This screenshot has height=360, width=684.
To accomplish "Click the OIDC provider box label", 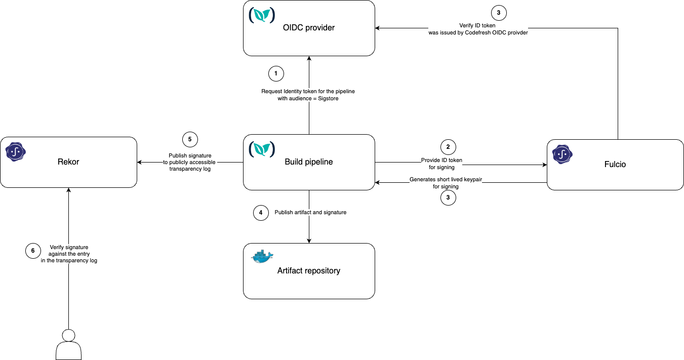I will pos(308,28).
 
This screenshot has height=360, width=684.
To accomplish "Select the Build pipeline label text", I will pos(308,162).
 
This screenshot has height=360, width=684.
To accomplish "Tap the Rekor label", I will pos(68,162).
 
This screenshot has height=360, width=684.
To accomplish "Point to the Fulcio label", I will pos(615,165).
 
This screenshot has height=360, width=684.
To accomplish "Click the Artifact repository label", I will pos(308,271).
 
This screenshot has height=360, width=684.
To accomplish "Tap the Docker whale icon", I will pos(262,257).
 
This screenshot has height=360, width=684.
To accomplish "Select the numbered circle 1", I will pos(275,73).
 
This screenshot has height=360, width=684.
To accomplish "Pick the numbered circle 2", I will pos(448,147).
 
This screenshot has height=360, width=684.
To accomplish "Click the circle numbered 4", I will pos(260,213).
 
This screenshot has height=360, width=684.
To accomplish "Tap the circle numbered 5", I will pos(189,139).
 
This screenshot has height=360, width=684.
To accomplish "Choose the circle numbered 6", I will pos(33,251).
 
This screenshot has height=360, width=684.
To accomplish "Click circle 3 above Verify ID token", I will pos(498,13).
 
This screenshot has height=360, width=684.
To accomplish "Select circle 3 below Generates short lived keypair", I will pos(448,198).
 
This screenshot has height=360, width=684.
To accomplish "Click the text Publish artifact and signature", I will pos(310,213).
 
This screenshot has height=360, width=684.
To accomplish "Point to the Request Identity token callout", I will pos(308,95).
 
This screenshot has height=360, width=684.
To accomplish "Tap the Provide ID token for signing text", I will pos(441,164).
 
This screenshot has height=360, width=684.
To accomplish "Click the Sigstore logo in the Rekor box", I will pos(15,151).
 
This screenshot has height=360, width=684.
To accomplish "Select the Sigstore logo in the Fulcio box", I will pos(562,154).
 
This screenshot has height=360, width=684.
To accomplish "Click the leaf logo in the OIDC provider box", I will pos(262,15).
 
